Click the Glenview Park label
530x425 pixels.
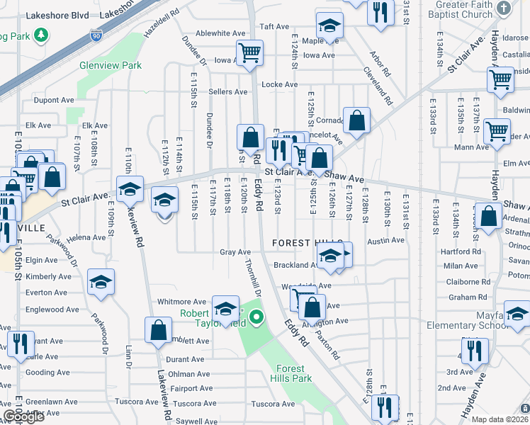click(x=120, y=65)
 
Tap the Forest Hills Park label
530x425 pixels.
click(x=291, y=373)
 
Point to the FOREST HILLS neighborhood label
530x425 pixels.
click(x=308, y=243)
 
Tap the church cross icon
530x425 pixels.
click(x=503, y=8)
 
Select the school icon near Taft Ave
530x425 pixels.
click(x=327, y=26)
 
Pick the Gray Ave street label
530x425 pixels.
click(x=235, y=252)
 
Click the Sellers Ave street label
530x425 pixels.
click(x=227, y=92)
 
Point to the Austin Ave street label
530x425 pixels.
click(x=386, y=241)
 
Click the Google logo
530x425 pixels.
click(x=24, y=416)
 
